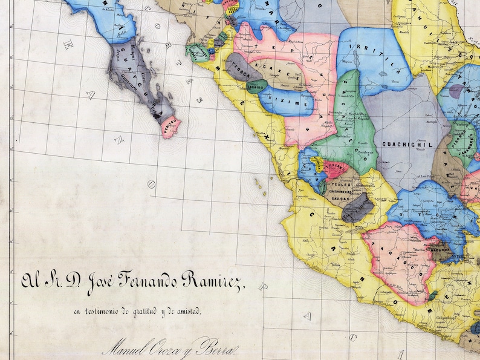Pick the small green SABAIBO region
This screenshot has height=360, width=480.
click(257, 87)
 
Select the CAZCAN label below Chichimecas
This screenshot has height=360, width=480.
click(337, 198)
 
